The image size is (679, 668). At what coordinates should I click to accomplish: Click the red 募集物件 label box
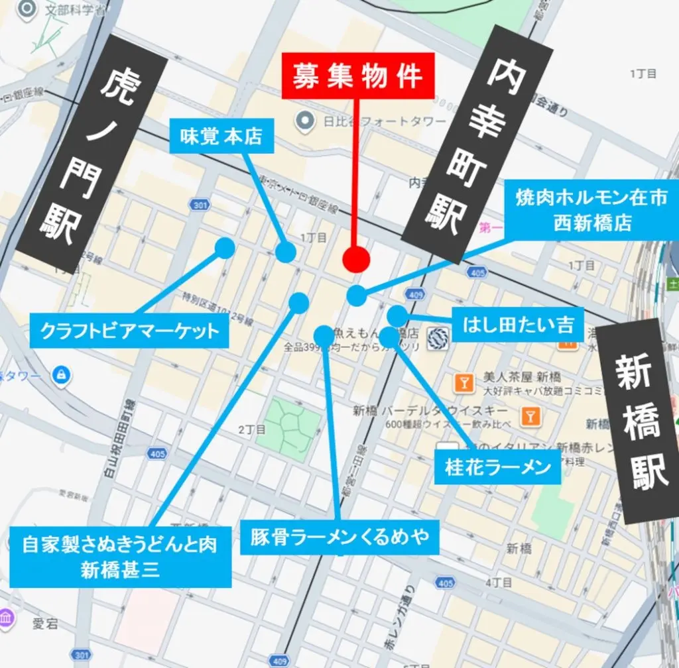358,77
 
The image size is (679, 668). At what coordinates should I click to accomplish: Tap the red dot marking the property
356,259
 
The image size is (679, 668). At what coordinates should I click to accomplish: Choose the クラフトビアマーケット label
130,330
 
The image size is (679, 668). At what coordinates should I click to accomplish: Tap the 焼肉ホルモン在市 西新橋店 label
591,210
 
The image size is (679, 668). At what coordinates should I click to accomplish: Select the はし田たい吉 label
518,325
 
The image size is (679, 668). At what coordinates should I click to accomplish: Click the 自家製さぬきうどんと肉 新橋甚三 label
121,557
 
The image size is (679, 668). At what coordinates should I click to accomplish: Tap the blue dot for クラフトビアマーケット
225,249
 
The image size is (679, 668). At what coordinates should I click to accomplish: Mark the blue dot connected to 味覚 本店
286,252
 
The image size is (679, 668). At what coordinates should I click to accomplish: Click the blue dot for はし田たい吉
397,315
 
